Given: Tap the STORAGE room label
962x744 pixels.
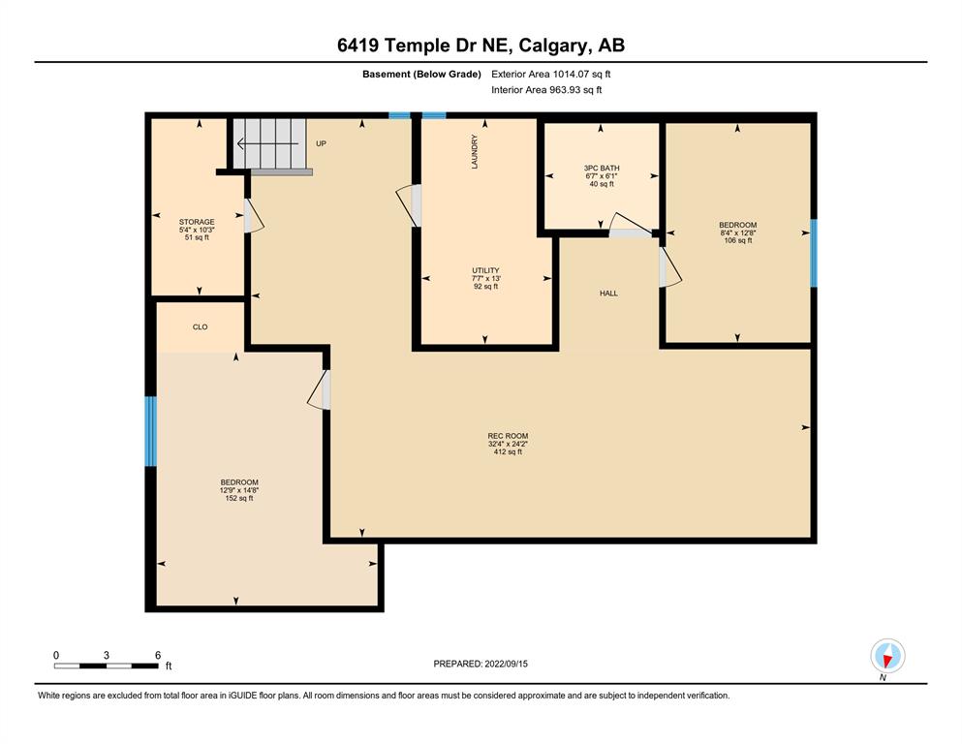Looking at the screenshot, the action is [x=197, y=222].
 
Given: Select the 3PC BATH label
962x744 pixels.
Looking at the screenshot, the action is [x=602, y=168].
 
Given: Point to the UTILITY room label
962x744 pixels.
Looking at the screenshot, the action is [x=485, y=270].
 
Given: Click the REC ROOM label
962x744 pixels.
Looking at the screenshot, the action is [x=508, y=436].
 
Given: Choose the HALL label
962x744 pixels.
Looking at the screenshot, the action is [x=608, y=294].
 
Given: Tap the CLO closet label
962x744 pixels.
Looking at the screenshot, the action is [x=200, y=326].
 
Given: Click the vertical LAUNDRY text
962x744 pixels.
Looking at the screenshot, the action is [x=475, y=151].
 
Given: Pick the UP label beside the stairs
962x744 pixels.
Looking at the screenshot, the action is [x=321, y=143].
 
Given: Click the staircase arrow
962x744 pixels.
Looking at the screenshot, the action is [x=267, y=144].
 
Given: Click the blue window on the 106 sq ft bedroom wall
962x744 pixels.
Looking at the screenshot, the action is [x=814, y=253].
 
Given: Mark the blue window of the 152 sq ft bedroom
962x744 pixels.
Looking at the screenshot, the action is [x=150, y=431].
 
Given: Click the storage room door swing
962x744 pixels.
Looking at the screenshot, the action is [x=254, y=215].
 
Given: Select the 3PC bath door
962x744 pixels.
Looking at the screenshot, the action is [x=631, y=225].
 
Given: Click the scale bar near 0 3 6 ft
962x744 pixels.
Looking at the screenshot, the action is [x=107, y=666].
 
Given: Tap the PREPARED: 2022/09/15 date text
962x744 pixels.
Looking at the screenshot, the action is [x=481, y=664].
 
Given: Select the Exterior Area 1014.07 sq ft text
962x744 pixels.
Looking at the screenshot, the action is [x=551, y=75].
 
